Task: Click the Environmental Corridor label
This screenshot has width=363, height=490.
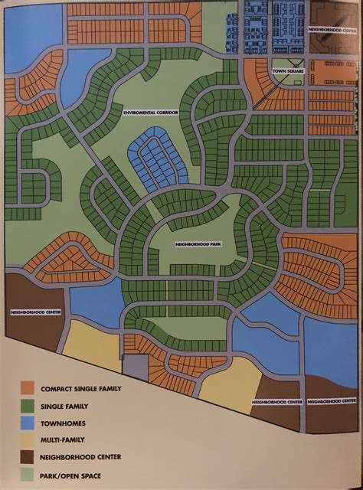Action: tap(152, 113)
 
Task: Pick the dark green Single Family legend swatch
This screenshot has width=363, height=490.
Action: tap(28, 406)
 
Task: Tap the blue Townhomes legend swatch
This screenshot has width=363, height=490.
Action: tap(28, 423)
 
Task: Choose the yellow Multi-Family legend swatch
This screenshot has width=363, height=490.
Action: tap(28, 439)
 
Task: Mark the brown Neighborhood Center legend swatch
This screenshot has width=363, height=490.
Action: tap(28, 457)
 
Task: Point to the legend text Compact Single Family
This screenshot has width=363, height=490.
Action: tap(80, 389)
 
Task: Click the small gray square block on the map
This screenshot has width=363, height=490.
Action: tap(136, 366)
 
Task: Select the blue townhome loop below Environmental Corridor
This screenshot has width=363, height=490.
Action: tap(157, 158)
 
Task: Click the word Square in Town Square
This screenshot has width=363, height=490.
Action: tap(294, 67)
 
